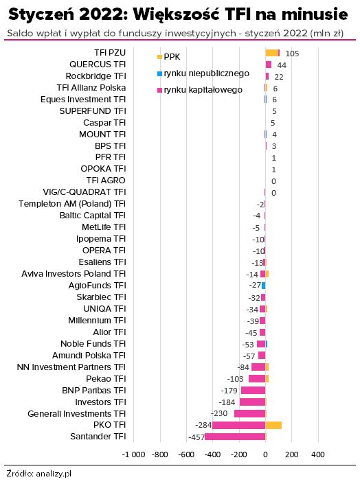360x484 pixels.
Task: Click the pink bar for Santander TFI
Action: coord(235,437)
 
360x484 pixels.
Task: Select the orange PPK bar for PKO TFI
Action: coord(273,426)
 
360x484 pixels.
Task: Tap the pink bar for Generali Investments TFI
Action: coord(249,413)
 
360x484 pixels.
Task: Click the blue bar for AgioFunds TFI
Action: coord(264,286)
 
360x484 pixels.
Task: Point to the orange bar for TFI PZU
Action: coord(272,53)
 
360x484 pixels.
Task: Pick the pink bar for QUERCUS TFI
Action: coord(269,65)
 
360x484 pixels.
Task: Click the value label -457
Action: coord(196,437)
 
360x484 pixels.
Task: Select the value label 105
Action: coord(292,54)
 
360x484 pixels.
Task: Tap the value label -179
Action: coord(229,391)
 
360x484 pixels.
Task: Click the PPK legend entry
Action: coord(168,57)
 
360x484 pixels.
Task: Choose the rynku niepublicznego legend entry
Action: coord(203,73)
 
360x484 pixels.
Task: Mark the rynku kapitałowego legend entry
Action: coord(200,90)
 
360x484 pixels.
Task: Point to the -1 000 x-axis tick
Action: coord(133,454)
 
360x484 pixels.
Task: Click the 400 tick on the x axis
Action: coord(318,454)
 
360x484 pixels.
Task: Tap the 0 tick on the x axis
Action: coord(265,454)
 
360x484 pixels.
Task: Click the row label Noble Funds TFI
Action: coord(93,343)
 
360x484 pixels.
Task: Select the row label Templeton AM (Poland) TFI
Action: coord(72,204)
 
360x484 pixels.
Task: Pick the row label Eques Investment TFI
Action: coord(83,100)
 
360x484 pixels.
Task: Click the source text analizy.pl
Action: coord(54,474)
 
